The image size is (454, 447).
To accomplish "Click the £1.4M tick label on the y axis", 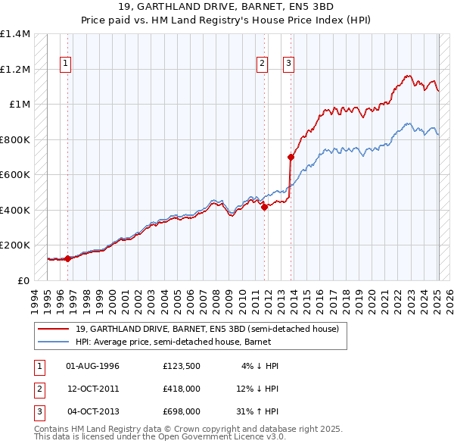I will point(15,34).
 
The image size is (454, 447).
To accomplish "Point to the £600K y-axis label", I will point(15,175).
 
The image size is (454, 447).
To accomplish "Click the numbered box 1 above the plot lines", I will point(66,64).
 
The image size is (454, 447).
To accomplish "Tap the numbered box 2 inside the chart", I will point(262,64).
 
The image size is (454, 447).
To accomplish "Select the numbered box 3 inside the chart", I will point(288,64).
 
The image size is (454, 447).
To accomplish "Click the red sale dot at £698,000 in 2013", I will point(291,158).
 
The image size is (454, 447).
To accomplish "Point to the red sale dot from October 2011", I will point(265,207).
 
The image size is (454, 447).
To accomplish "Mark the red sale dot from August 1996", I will point(68,258).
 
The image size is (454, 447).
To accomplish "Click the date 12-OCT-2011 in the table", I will point(92,389).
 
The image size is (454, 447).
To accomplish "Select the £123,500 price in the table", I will point(181,366).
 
